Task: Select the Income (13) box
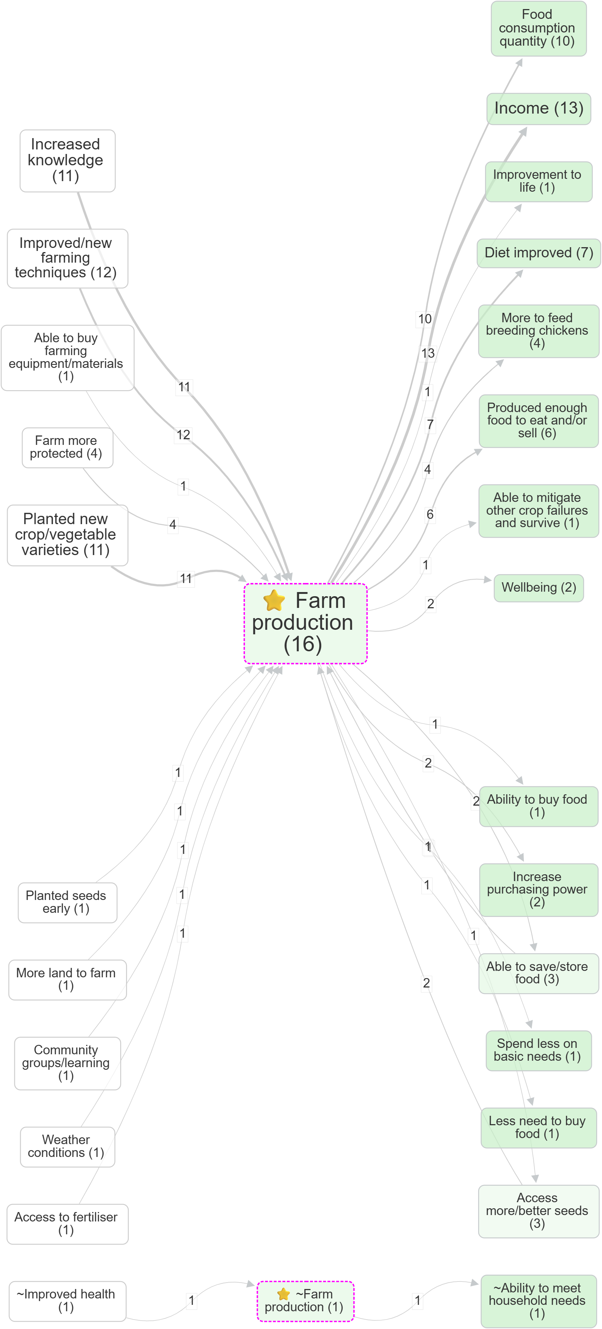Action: click(538, 108)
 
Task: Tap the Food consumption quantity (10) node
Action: click(538, 28)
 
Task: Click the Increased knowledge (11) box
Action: click(67, 160)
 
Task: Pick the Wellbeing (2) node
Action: click(538, 588)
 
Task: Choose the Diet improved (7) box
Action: click(538, 253)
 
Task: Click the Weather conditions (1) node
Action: click(67, 1146)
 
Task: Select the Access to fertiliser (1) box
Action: click(67, 1223)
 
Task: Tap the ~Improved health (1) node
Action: click(67, 1300)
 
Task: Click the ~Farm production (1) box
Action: click(305, 1300)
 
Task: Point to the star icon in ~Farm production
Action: click(283, 1294)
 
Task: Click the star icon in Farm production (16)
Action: click(274, 600)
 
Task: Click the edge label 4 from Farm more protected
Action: click(173, 524)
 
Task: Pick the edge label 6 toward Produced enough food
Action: click(430, 514)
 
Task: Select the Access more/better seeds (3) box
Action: click(538, 1211)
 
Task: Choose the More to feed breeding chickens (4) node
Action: click(538, 331)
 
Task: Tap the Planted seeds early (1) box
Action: click(67, 902)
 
